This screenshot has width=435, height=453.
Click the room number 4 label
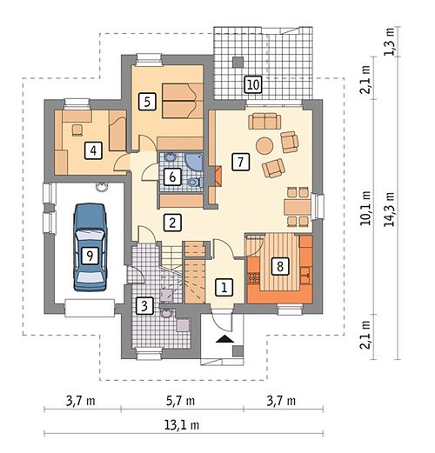pyautogui.click(x=93, y=150)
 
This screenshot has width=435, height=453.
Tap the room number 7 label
pyautogui.click(x=241, y=162)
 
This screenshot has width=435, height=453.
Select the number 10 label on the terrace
pyautogui.click(x=253, y=84)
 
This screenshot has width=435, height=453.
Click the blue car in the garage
pyautogui.click(x=90, y=247)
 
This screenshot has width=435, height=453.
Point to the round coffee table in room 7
pyautogui.click(x=264, y=145)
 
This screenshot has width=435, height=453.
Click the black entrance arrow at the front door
pyautogui.click(x=224, y=339)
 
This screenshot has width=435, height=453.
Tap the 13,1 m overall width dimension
pyautogui.click(x=182, y=425)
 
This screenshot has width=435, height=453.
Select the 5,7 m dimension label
pyautogui.click(x=180, y=401)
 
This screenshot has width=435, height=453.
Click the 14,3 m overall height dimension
pyautogui.click(x=389, y=209)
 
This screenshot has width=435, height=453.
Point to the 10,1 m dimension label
pyautogui.click(x=365, y=208)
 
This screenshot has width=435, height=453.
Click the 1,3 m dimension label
pyautogui.click(x=389, y=41)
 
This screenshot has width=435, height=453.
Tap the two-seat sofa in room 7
pyautogui.click(x=264, y=122)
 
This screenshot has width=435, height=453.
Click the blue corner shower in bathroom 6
pyautogui.click(x=194, y=163)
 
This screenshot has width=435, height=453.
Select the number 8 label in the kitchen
pyautogui.click(x=280, y=266)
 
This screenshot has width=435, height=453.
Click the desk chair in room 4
pyautogui.click(x=77, y=130)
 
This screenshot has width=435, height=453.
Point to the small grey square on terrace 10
pyautogui.click(x=238, y=62)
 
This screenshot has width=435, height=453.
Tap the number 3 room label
pyautogui.click(x=144, y=306)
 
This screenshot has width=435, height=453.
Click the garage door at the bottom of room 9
pyautogui.click(x=90, y=309)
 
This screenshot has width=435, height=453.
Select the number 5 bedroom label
pyautogui.click(x=147, y=102)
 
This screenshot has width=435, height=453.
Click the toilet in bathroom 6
pyautogui.click(x=195, y=183)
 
